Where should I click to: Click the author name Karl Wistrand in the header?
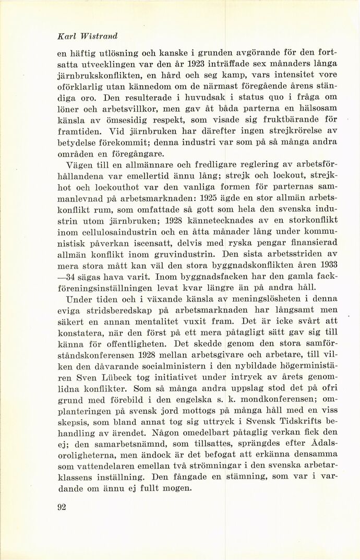pos(87,36)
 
